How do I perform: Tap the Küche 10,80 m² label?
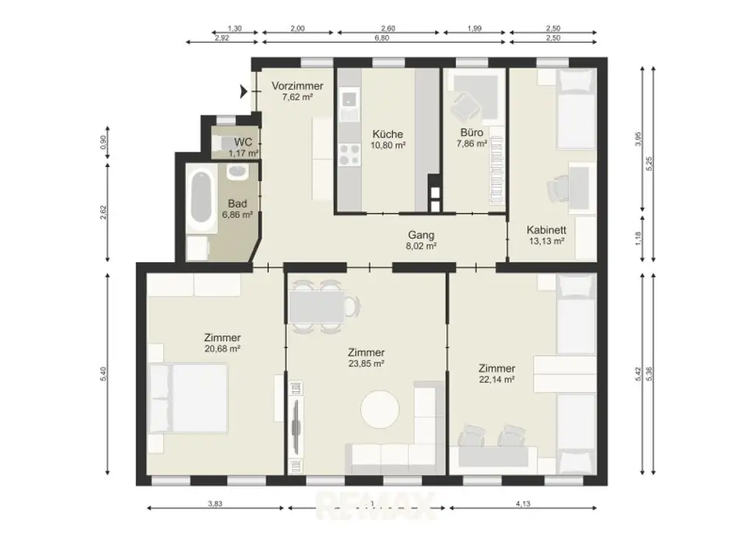(388, 140)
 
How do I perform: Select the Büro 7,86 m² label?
(471, 138)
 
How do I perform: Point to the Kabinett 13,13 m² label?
(546, 235)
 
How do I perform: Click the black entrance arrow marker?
(243, 91)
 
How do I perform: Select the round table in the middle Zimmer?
(380, 409)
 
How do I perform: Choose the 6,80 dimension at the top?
(382, 37)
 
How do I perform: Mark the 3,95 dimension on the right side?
(638, 140)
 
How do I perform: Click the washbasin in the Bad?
(237, 172)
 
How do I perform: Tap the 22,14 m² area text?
(496, 380)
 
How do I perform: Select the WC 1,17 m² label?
(243, 147)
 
